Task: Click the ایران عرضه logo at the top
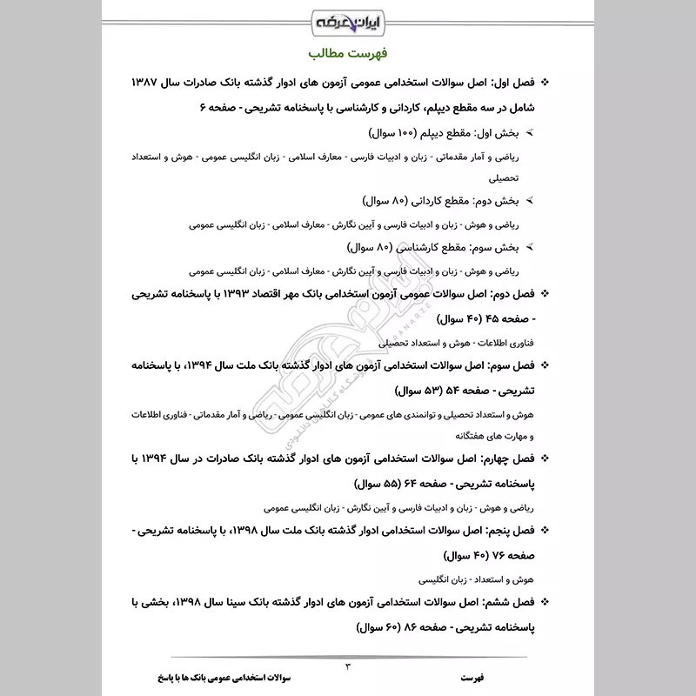[348, 20]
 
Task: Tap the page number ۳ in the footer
[347, 666]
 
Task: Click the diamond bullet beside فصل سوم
[545, 367]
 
